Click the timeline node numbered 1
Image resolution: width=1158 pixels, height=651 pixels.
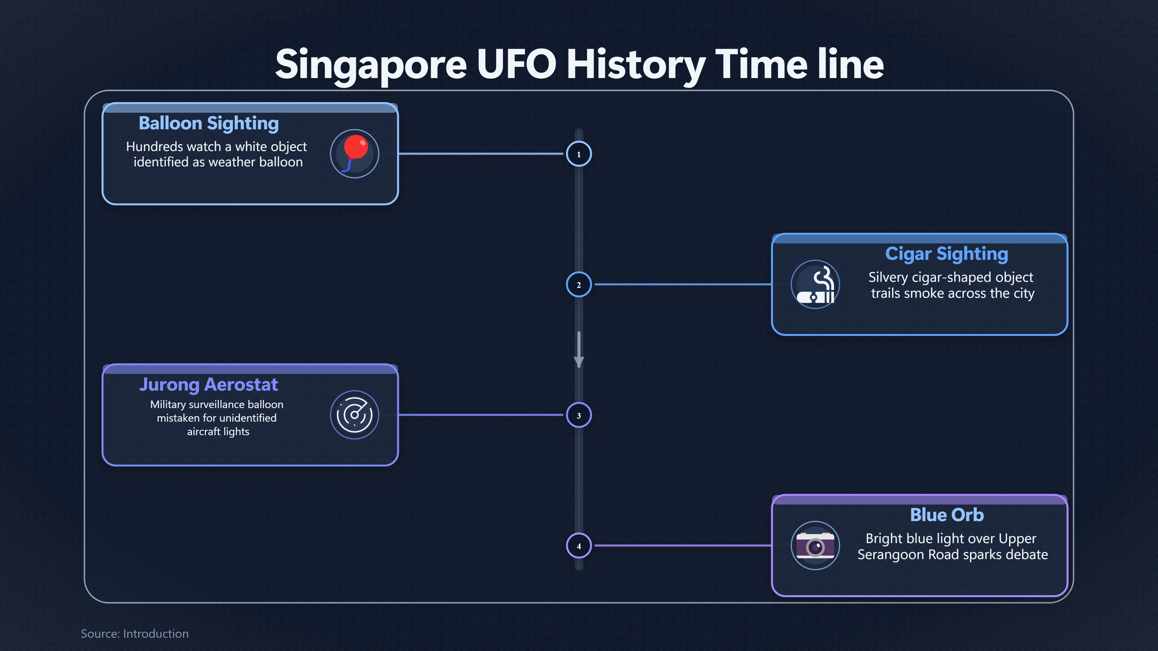pyautogui.click(x=579, y=154)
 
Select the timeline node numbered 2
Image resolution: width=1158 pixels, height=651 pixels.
pyautogui.click(x=579, y=285)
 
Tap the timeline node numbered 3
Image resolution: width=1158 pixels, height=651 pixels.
pyautogui.click(x=579, y=415)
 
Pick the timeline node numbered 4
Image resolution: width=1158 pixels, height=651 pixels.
pyautogui.click(x=579, y=546)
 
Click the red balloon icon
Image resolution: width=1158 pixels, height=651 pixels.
pyautogui.click(x=355, y=154)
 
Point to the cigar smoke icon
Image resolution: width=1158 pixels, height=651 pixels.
pyautogui.click(x=815, y=285)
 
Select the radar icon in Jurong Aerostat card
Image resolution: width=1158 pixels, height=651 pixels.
pyautogui.click(x=355, y=415)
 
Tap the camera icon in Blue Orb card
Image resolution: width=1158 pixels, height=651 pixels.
pyautogui.click(x=815, y=546)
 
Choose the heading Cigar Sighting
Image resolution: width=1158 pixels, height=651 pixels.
pyautogui.click(x=947, y=254)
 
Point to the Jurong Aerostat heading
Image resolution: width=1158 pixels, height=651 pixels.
pyautogui.click(x=209, y=385)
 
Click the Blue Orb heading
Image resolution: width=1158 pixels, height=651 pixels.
pyautogui.click(x=947, y=515)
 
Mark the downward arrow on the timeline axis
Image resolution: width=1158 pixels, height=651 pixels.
pyautogui.click(x=579, y=350)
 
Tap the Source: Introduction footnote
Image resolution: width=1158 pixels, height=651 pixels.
pyautogui.click(x=135, y=634)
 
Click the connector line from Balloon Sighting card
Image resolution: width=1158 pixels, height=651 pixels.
pyautogui.click(x=481, y=154)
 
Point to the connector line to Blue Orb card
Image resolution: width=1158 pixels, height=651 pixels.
pyautogui.click(x=683, y=546)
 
